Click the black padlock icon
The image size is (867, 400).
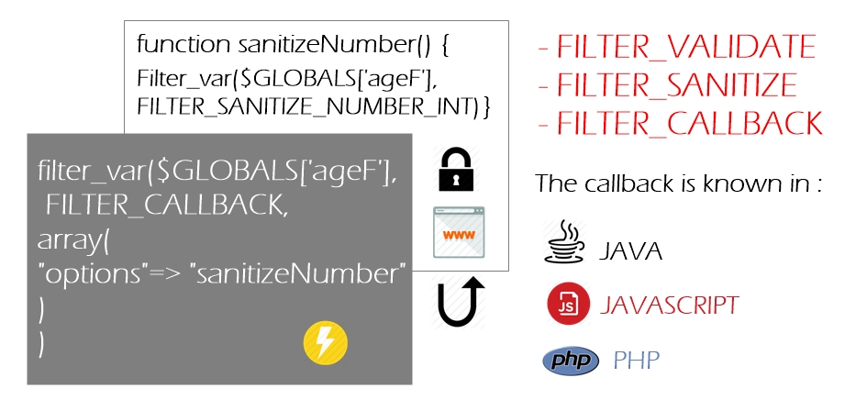coord(456,170)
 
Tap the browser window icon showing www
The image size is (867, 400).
coord(459,232)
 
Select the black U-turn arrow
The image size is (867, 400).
coord(459,301)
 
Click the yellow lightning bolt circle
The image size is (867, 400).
coord(326,342)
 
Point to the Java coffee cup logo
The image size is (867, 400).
coord(564,241)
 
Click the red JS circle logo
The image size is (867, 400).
coord(569,303)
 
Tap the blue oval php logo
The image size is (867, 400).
coord(571,361)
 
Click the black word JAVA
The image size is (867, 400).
coord(631,251)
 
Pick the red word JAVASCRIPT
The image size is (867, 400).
coord(670,305)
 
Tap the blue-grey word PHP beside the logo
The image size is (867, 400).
coord(637,361)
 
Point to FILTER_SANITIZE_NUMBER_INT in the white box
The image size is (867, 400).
coord(307,107)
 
